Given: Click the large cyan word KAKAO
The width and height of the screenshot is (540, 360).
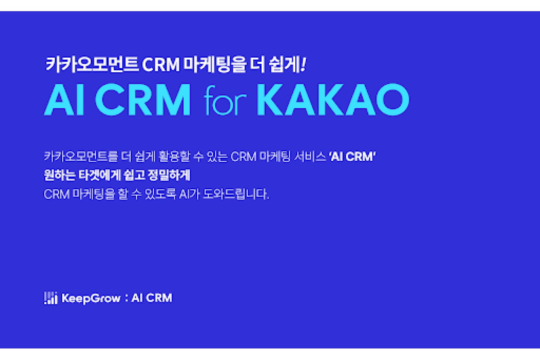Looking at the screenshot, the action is (x=333, y=99).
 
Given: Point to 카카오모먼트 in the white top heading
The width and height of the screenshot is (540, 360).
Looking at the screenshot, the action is (x=92, y=64).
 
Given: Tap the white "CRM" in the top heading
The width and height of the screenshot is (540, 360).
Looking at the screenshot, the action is (x=161, y=64).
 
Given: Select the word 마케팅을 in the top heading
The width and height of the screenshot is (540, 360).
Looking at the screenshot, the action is (x=215, y=65).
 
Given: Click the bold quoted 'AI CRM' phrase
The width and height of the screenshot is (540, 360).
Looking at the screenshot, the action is (x=352, y=157).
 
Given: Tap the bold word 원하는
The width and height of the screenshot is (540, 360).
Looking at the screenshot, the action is (x=59, y=175).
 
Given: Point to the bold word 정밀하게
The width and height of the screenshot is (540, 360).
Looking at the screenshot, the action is (x=169, y=175).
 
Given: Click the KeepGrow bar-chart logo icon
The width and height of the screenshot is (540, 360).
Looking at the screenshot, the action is (x=51, y=298).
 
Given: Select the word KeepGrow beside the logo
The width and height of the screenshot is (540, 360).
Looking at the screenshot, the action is (x=91, y=298).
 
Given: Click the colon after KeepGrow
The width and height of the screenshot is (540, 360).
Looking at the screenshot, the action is (x=126, y=298).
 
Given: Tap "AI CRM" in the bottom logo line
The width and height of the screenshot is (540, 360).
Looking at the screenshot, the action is (x=152, y=298).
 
